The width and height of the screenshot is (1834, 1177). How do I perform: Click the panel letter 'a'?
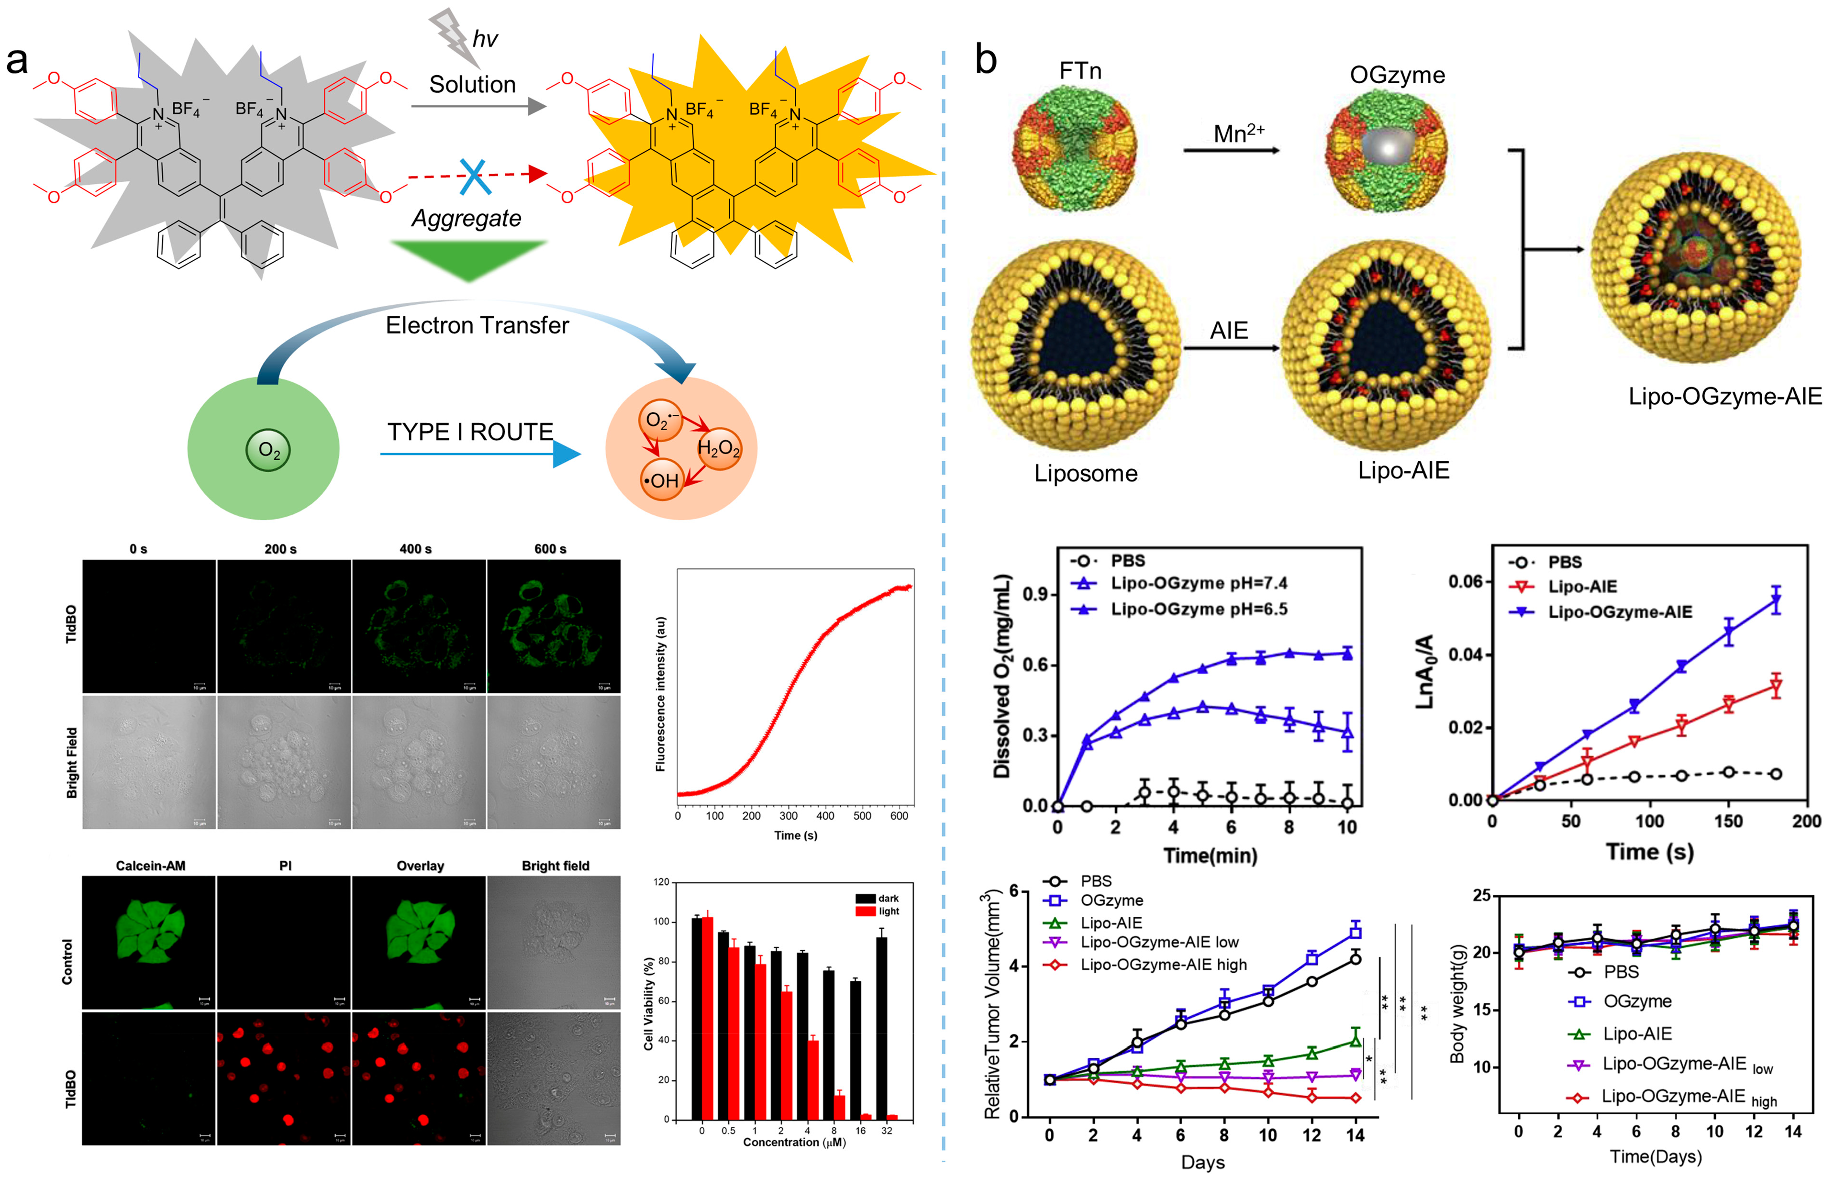point(17,61)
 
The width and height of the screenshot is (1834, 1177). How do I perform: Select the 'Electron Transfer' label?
point(477,325)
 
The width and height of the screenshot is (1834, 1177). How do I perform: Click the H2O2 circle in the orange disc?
point(718,448)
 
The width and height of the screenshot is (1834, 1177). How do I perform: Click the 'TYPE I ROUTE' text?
point(470,432)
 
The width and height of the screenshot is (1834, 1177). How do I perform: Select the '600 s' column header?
point(550,549)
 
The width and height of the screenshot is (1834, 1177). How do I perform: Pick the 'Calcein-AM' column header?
point(151,866)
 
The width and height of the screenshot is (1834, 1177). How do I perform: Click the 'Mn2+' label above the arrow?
point(1238,134)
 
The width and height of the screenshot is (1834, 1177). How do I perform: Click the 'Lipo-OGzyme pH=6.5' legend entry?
point(1198,609)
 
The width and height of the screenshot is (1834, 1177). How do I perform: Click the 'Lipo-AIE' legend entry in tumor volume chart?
point(1111,922)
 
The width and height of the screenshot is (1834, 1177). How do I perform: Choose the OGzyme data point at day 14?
point(1356,932)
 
